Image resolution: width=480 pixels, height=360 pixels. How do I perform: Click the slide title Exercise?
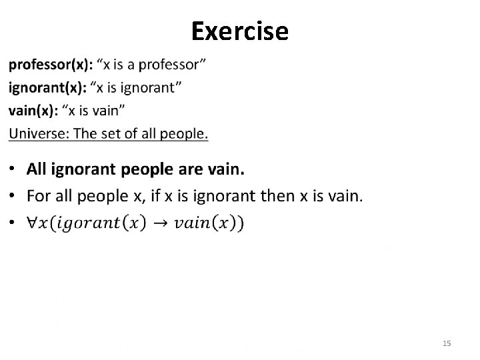click(239, 31)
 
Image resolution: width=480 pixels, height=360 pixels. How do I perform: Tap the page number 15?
click(447, 343)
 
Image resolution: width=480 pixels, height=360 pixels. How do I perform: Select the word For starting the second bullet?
click(39, 196)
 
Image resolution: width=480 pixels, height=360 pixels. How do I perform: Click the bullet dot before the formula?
click(14, 222)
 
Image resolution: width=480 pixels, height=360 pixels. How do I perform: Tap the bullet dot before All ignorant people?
click(14, 170)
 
